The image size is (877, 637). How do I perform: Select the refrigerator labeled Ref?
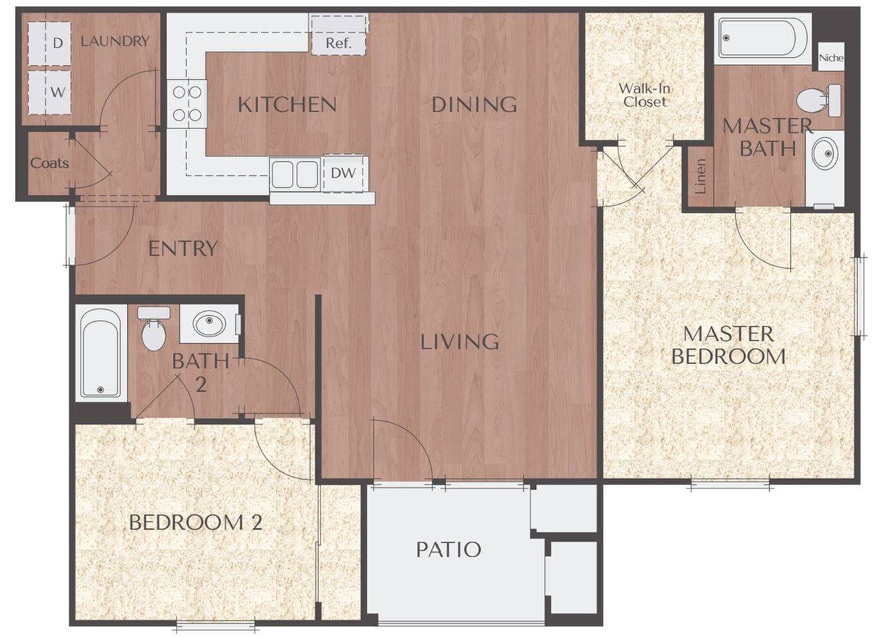click(339, 35)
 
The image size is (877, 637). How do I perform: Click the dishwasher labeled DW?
click(344, 173)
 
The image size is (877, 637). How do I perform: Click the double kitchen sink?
click(294, 174)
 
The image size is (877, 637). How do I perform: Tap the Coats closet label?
click(49, 163)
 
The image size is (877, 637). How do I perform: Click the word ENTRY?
click(183, 249)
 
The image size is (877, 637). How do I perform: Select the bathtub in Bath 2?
click(101, 352)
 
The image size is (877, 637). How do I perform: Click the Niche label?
click(831, 58)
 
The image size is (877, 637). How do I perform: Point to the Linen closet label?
click(700, 176)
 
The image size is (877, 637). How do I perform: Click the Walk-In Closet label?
click(644, 95)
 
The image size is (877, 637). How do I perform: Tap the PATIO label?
click(448, 550)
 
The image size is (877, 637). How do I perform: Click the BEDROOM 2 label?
click(195, 522)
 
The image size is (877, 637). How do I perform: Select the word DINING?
click(474, 105)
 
